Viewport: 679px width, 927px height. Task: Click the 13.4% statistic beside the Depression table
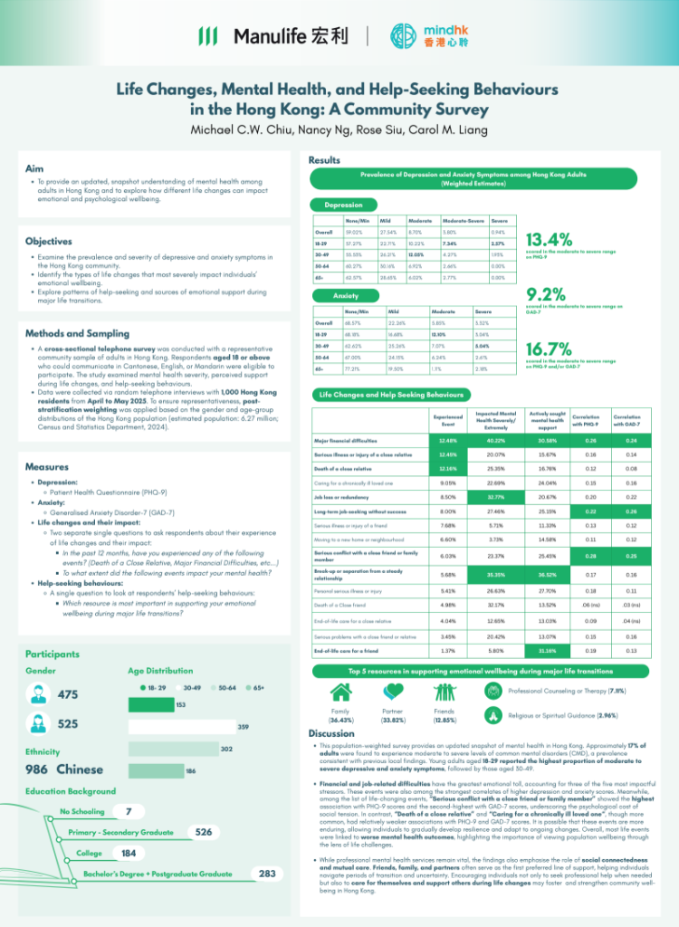549,240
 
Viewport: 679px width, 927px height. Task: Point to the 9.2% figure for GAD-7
545,293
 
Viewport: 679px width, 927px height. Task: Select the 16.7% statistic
549,349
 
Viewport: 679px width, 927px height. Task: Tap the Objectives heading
49,242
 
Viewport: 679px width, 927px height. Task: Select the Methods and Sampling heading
77,333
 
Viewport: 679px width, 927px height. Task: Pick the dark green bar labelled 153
152,705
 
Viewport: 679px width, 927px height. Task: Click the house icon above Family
341,693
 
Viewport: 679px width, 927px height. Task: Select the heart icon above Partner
394,693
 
